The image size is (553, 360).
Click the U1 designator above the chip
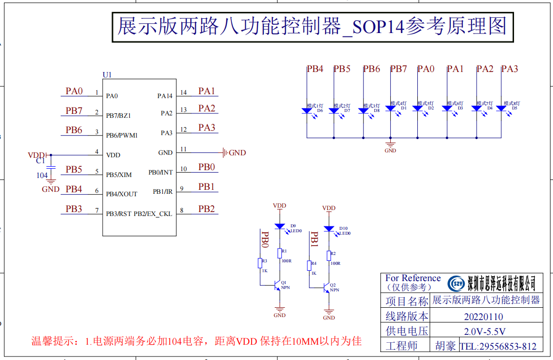tap(107, 75)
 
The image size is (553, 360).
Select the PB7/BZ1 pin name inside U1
tap(118, 115)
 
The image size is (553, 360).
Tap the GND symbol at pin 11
tap(226, 153)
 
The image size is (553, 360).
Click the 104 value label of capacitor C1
tap(42, 176)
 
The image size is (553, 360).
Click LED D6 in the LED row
tap(307, 111)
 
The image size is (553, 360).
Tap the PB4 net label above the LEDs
tap(315, 69)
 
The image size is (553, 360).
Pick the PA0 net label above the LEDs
tap(426, 69)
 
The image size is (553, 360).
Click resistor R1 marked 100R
tap(280, 253)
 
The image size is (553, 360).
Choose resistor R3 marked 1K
tap(260, 263)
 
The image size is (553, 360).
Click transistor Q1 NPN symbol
tap(277, 286)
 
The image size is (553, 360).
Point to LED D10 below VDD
tap(329, 229)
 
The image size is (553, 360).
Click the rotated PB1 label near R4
tap(314, 239)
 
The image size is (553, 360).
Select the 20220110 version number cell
tap(483, 317)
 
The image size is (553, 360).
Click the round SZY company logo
tap(457, 284)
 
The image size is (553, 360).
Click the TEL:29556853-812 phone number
tap(498, 346)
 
